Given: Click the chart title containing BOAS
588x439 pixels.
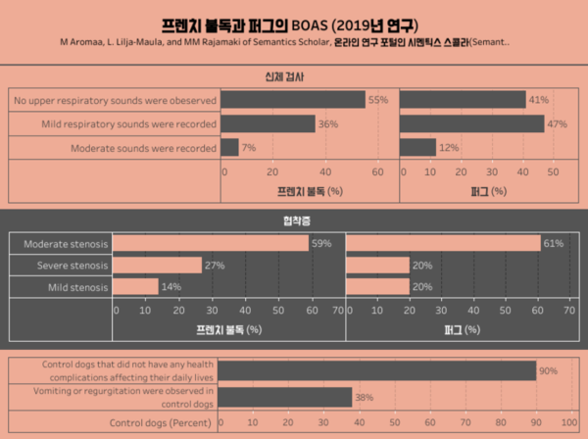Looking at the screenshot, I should click(293, 24).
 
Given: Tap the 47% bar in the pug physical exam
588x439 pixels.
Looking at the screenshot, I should click(471, 124).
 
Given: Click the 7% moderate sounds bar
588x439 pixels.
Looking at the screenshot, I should click(229, 148).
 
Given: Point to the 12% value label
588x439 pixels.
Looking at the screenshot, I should click(448, 148).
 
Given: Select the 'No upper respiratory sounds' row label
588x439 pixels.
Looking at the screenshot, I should click(114, 100).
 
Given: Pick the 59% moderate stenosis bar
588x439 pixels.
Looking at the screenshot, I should click(211, 243).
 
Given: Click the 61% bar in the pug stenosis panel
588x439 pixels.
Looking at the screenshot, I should click(442, 243).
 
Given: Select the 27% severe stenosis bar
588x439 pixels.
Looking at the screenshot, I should click(157, 266).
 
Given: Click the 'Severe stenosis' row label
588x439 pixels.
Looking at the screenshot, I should click(72, 266).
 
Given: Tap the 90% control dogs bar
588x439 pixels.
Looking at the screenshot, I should click(376, 370).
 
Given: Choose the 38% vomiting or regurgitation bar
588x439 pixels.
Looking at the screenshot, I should click(284, 397).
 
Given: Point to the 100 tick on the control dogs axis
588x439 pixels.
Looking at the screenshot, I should click(567, 423).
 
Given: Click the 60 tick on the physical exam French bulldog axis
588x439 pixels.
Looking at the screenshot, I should click(377, 171).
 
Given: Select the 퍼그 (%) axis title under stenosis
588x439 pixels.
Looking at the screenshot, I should click(458, 330).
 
